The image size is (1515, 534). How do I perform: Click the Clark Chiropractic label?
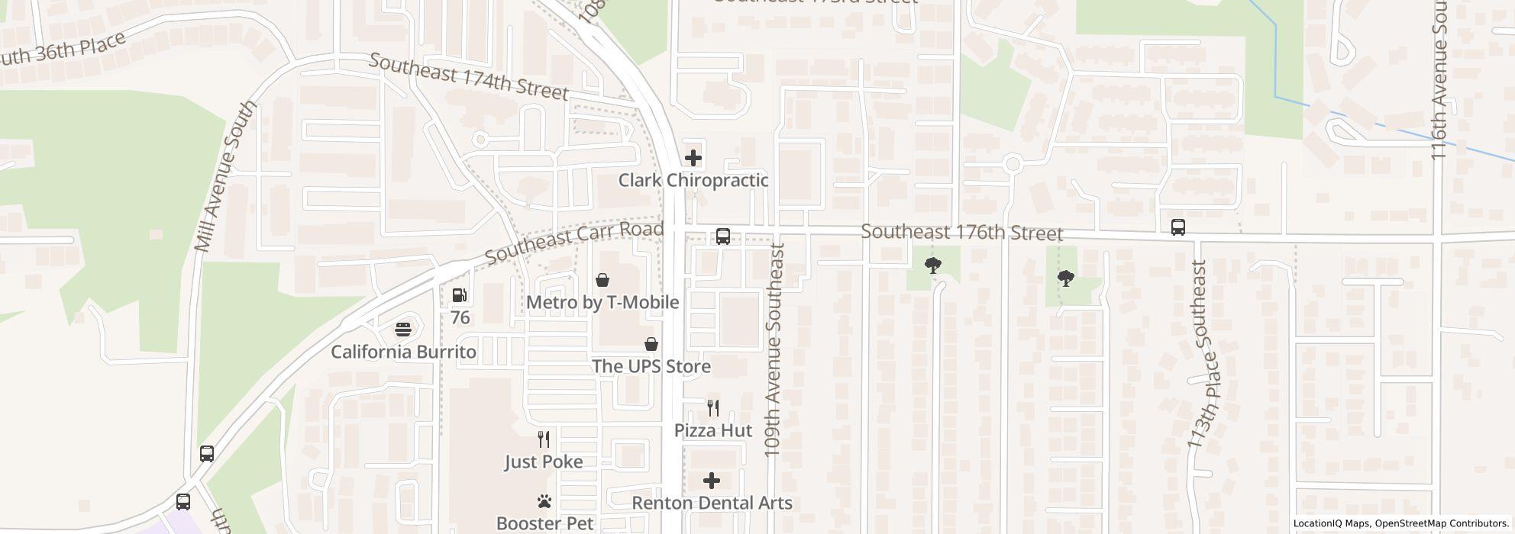[693, 181]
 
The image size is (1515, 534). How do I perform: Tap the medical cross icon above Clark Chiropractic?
[693, 158]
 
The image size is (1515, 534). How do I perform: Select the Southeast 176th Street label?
[961, 232]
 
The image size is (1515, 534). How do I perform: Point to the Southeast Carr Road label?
[573, 242]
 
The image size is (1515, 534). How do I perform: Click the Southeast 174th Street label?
[468, 76]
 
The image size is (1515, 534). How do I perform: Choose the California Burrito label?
[403, 352]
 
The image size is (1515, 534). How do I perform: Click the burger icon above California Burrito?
[403, 330]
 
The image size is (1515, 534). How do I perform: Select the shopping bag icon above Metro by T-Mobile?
[602, 280]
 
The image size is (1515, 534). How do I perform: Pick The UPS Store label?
[651, 366]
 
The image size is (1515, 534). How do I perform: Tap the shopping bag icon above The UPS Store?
[651, 344]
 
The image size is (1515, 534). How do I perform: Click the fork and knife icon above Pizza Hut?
[712, 408]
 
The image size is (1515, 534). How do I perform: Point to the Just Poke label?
[544, 462]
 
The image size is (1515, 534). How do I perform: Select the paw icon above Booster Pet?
[544, 501]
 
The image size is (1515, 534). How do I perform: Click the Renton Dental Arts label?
[712, 503]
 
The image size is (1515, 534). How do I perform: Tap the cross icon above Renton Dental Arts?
[712, 481]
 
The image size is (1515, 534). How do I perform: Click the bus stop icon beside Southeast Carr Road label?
[722, 236]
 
